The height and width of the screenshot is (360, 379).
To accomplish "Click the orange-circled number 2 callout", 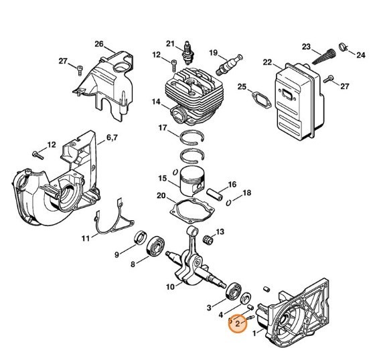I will (238, 323).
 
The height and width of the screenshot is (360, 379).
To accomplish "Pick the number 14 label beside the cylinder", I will (155, 102).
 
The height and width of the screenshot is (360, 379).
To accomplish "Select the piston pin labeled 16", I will (216, 192).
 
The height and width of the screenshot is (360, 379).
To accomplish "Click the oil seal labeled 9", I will (141, 236).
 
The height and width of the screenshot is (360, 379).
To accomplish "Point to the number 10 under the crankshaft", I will (170, 287).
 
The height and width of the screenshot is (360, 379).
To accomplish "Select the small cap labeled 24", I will (343, 46).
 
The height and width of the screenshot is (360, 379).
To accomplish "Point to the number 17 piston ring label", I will (162, 127).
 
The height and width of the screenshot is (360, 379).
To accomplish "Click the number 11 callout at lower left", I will (86, 238).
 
